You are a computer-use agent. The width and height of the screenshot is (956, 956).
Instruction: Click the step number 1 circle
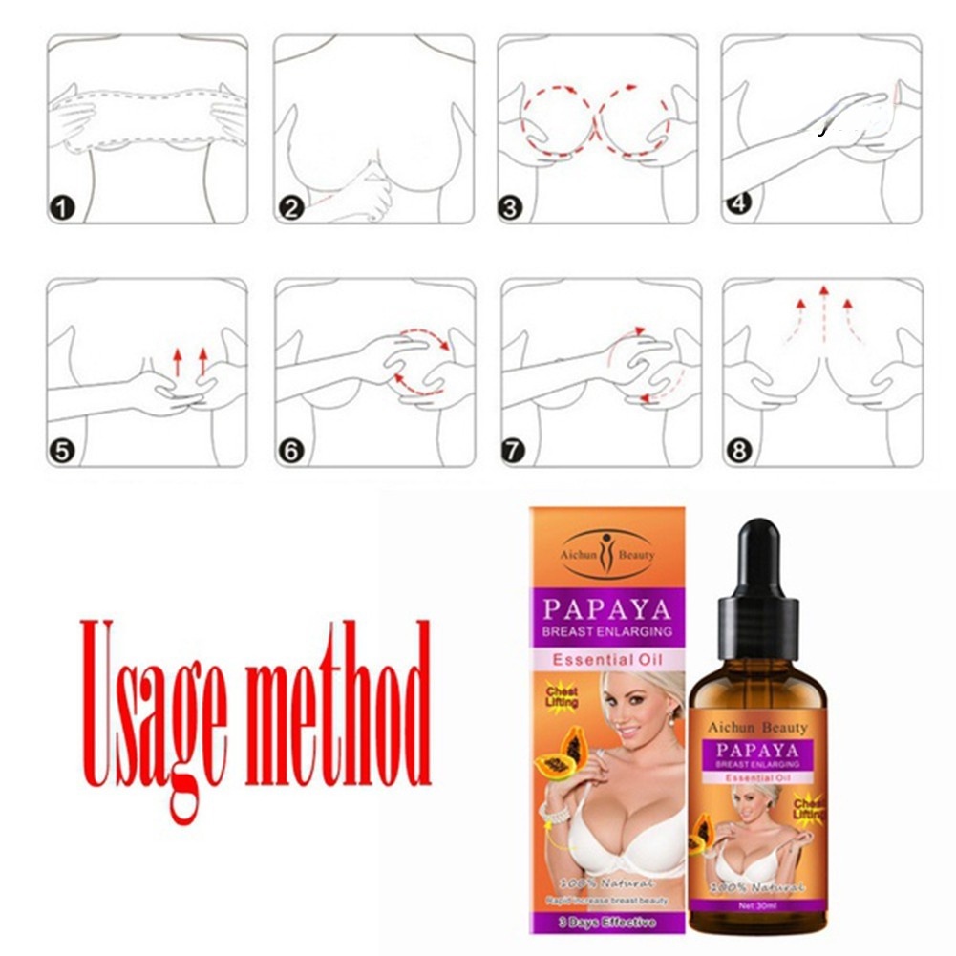tap(62, 207)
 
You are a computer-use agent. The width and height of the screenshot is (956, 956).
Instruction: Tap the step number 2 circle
tap(290, 207)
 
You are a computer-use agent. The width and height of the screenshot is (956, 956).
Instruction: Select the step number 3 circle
tap(512, 207)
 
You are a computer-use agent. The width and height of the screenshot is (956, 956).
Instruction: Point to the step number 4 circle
tap(736, 202)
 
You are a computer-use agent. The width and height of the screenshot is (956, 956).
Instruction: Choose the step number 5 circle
tap(62, 451)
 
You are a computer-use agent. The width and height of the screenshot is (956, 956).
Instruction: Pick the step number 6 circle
tap(290, 451)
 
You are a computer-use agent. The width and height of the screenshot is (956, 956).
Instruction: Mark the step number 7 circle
tap(514, 451)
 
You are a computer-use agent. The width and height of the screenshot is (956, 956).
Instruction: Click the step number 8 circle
tap(738, 451)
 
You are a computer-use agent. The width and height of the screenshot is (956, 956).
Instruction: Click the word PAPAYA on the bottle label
tap(756, 750)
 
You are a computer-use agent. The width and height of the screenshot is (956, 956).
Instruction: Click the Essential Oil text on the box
tap(607, 659)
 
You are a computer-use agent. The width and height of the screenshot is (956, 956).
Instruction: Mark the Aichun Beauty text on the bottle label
tap(756, 728)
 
